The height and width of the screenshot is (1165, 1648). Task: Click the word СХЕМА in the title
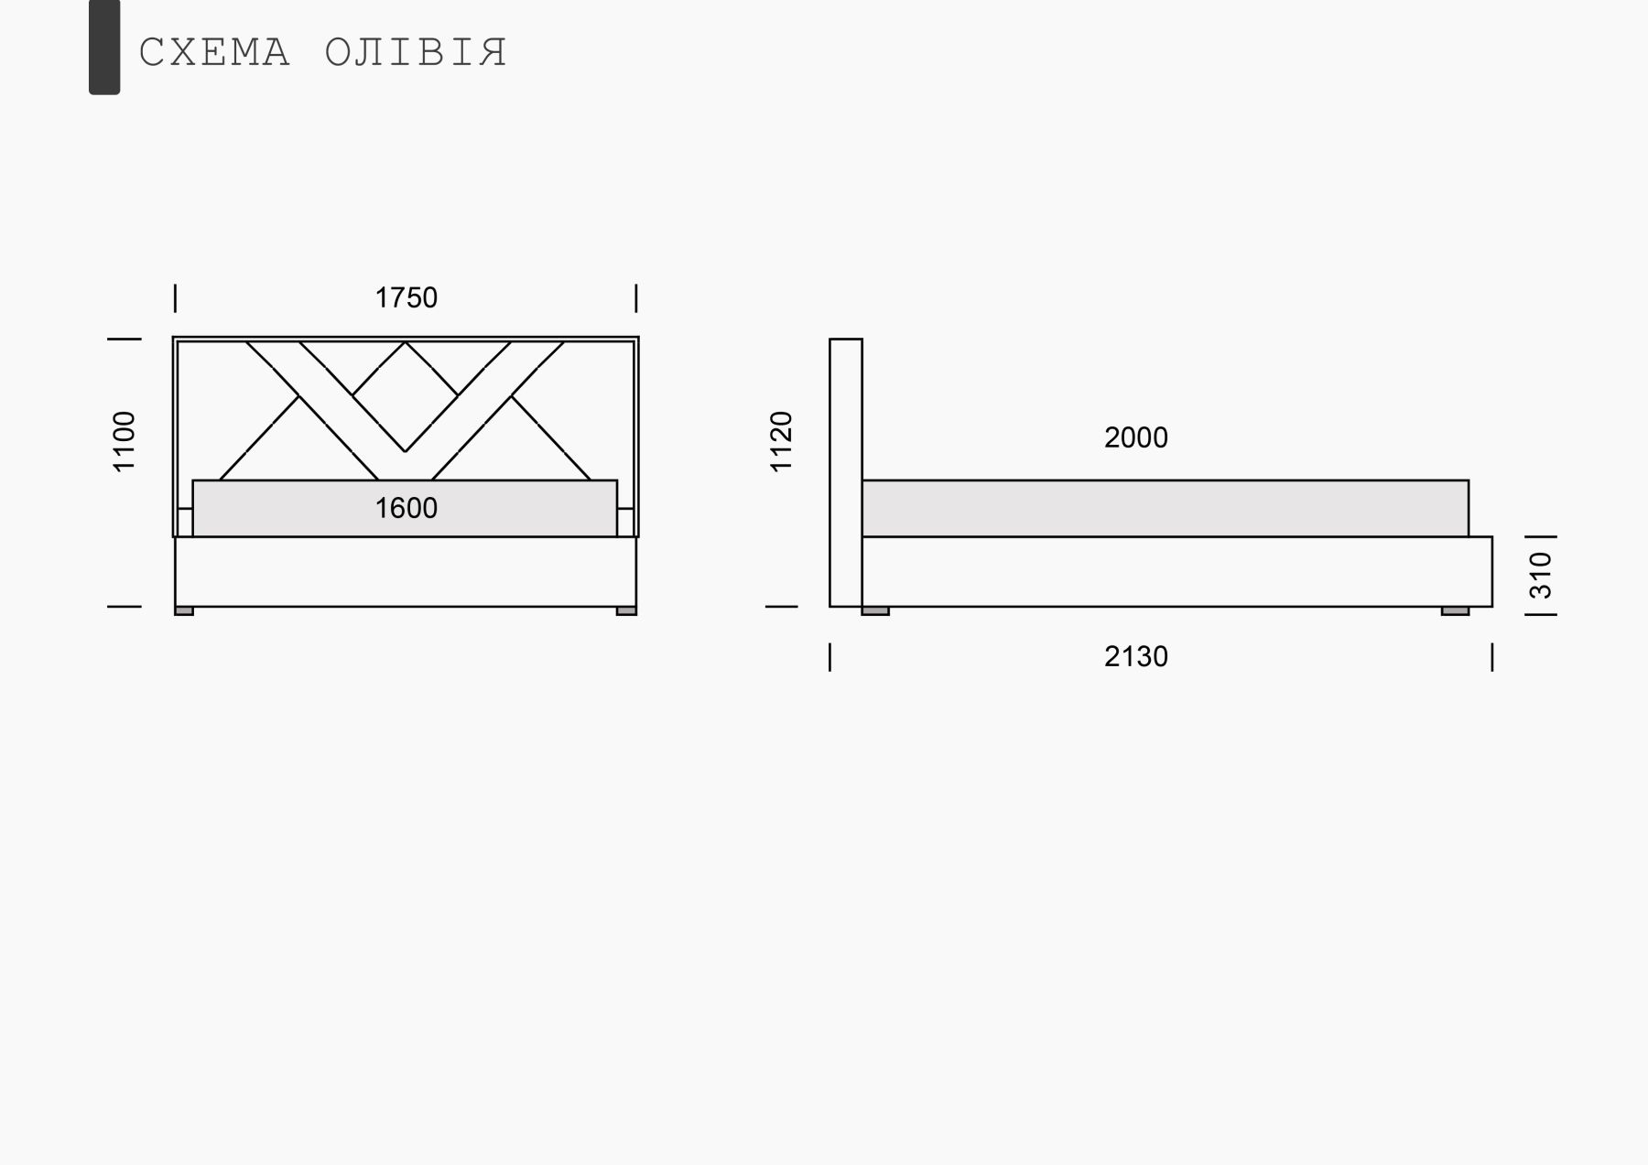214,53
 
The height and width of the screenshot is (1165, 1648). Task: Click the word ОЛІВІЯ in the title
417,53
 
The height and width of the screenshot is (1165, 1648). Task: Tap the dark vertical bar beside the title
104,47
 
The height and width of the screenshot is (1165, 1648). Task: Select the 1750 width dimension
407,297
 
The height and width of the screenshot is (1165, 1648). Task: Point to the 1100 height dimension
124,442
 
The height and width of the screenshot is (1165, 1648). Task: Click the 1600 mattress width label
407,508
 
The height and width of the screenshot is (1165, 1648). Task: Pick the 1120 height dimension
781,442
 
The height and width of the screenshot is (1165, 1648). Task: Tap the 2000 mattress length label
1136,437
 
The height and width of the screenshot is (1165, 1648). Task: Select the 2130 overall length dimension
1136,656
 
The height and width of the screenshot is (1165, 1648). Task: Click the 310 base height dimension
1542,575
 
